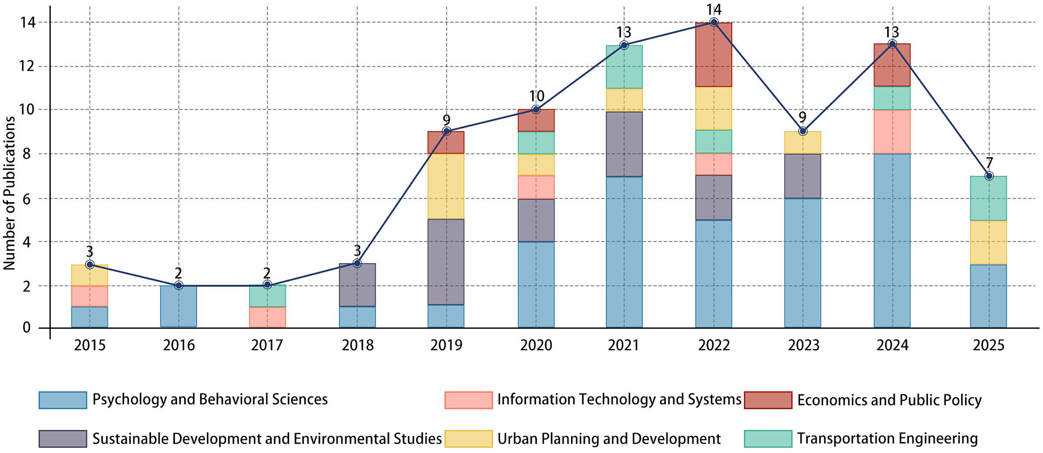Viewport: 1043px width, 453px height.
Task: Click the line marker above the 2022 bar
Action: tap(714, 22)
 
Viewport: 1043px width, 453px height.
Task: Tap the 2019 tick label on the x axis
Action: tap(446, 345)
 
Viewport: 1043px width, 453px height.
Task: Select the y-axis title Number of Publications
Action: tap(9, 193)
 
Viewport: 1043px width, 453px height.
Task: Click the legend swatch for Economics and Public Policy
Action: tap(768, 400)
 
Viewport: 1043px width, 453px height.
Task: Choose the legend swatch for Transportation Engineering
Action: tap(768, 439)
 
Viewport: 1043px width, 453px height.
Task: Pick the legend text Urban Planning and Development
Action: tap(609, 439)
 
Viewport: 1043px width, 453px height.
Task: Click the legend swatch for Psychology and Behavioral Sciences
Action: tap(63, 400)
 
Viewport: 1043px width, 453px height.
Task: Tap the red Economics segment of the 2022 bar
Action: tap(714, 55)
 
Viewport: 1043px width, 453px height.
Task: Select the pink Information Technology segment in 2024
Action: tap(892, 132)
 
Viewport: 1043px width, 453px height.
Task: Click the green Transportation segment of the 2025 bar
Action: tap(988, 198)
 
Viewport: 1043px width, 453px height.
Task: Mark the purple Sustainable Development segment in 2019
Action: tap(446, 262)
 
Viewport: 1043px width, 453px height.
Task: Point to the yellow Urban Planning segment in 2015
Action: tap(89, 275)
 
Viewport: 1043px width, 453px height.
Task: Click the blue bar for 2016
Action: tap(178, 307)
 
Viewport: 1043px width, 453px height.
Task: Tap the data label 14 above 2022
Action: tap(714, 9)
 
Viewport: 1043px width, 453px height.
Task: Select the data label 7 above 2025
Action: tap(989, 163)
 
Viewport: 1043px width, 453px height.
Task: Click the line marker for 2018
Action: tap(357, 263)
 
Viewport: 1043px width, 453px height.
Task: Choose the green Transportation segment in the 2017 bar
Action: tap(267, 296)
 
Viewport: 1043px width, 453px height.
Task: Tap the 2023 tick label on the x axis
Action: tap(803, 345)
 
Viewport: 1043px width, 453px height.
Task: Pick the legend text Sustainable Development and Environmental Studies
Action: tap(266, 439)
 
